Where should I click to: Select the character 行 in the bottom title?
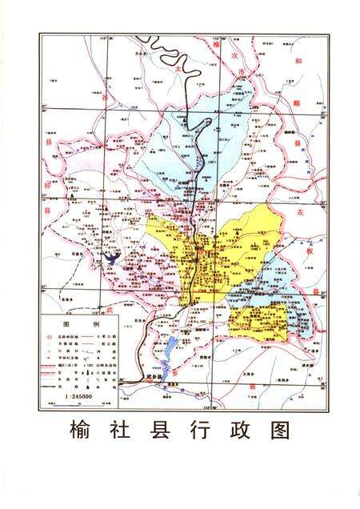tap(200, 430)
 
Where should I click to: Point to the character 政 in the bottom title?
tap(239, 430)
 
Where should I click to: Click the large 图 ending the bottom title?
tap(279, 430)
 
